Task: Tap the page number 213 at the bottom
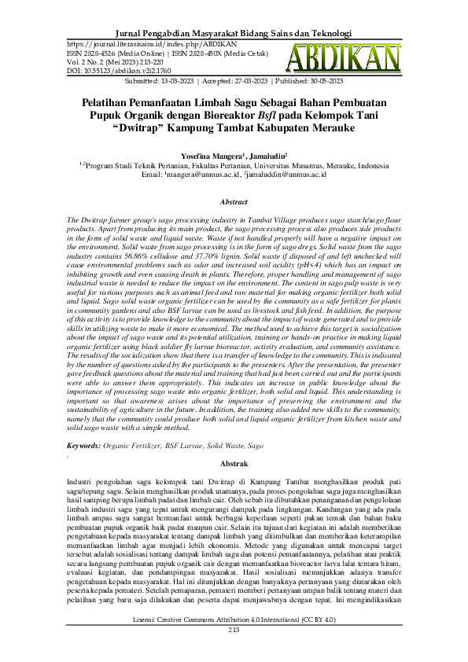click(234, 652)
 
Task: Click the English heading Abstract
click(234, 202)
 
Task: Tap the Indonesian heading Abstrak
click(234, 464)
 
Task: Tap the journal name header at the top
click(234, 34)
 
